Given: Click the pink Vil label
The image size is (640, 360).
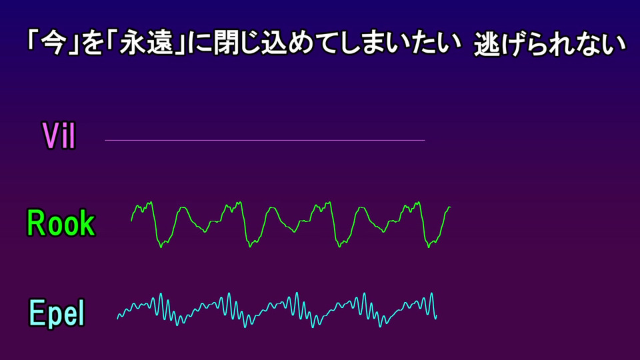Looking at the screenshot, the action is tap(59, 135).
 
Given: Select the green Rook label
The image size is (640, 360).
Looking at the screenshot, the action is tap(61, 223).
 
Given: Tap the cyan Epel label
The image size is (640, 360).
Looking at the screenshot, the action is tap(57, 313).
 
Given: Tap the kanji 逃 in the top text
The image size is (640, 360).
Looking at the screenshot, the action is tap(487, 44).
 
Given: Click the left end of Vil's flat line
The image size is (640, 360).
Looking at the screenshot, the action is tap(105, 140).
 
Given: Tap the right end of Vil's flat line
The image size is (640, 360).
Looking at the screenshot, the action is tap(425, 140).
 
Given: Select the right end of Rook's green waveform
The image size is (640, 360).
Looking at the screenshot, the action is tap(450, 207).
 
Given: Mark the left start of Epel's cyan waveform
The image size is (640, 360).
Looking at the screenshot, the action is tap(117, 318).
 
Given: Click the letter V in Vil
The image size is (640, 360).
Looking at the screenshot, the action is tap(51, 135).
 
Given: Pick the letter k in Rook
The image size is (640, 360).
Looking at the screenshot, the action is tap(88, 223).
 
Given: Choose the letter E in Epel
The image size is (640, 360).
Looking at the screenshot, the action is tap(36, 313).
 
